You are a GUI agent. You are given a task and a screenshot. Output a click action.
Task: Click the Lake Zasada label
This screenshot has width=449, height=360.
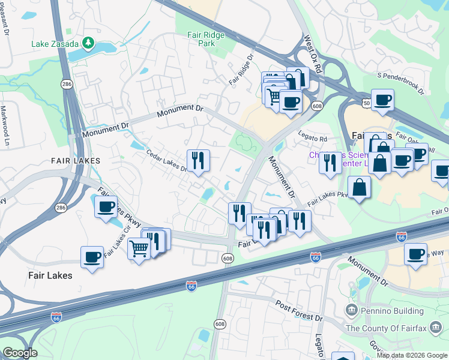(x=55, y=43)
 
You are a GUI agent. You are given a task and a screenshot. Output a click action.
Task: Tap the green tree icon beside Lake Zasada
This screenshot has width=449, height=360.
(x=88, y=43)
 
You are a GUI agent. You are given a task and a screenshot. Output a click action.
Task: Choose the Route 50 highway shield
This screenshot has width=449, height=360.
(x=367, y=104)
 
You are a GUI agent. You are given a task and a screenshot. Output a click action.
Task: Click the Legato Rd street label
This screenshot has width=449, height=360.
(x=315, y=139)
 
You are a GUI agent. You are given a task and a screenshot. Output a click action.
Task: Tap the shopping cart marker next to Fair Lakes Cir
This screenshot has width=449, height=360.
(x=139, y=248)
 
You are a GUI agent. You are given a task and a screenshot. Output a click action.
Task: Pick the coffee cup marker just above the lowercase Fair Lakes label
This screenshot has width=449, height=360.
(x=92, y=257)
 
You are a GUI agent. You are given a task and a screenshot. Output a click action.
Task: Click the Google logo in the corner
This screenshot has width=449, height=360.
(x=20, y=353)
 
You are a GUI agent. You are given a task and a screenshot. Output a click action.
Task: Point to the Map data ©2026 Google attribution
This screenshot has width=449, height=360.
(x=411, y=355)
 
